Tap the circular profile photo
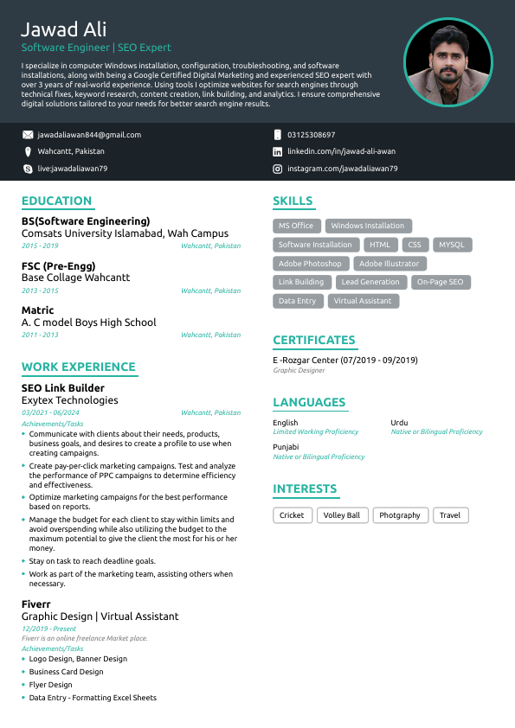pyautogui.click(x=447, y=62)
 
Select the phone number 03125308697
pyautogui.click(x=312, y=135)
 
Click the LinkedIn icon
pyautogui.click(x=278, y=151)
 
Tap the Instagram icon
pyautogui.click(x=278, y=169)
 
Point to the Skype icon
pyautogui.click(x=28, y=169)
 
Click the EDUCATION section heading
pyautogui.click(x=57, y=201)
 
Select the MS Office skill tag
pyautogui.click(x=296, y=226)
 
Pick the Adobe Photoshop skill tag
pyautogui.click(x=311, y=264)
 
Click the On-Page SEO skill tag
pyautogui.click(x=441, y=282)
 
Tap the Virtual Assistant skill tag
pyautogui.click(x=363, y=301)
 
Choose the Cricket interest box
pyautogui.click(x=292, y=515)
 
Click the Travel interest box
pyautogui.click(x=450, y=515)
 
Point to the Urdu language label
pyautogui.click(x=399, y=423)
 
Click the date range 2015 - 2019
pyautogui.click(x=40, y=246)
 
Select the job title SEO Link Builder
pyautogui.click(x=63, y=388)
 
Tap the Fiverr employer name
pyautogui.click(x=36, y=604)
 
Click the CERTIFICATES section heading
pyautogui.click(x=314, y=340)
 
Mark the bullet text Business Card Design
pyautogui.click(x=66, y=672)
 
